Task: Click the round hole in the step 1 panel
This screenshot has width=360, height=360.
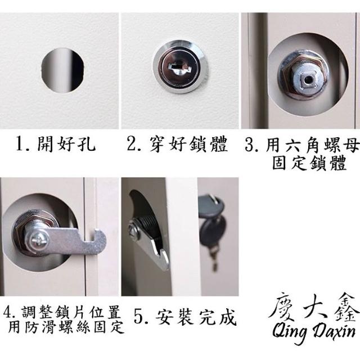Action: pos(62,70)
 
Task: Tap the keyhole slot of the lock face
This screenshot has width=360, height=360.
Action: pos(180,67)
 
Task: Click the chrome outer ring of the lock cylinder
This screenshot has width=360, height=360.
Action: pos(181,67)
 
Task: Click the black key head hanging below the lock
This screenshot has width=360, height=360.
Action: pos(213,231)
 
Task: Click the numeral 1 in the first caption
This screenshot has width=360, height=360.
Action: pos(20,144)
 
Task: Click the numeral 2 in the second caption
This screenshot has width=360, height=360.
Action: pos(131,144)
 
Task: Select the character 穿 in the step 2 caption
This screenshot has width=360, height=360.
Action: pos(158,144)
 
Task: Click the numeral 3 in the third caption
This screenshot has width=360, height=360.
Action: pos(249,145)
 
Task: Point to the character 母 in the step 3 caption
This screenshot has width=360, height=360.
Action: pos(350,145)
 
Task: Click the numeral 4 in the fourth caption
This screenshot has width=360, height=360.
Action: pos(8,313)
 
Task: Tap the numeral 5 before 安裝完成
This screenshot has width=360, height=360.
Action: pos(138,317)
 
